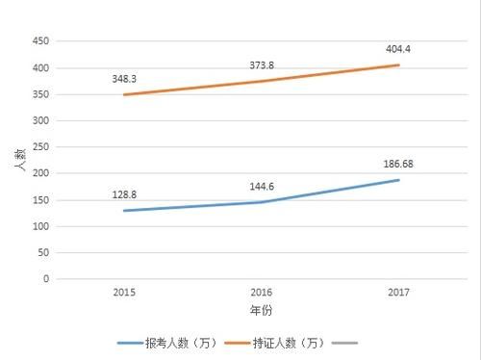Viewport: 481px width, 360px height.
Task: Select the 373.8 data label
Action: coord(263,61)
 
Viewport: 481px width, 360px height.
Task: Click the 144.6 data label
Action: coord(263,181)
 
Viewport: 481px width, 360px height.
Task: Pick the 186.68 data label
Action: coord(396,163)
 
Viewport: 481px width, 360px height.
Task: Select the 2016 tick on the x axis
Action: coord(262,292)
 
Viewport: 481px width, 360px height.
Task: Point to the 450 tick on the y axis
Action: coord(39,41)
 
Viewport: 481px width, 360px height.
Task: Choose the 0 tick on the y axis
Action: coord(45,279)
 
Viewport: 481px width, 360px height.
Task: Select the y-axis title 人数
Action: coord(19,160)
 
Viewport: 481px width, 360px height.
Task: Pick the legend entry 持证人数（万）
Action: coord(279,343)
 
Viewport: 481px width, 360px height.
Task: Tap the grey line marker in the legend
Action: coord(343,343)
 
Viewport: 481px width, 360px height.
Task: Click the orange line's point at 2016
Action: coord(262,81)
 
